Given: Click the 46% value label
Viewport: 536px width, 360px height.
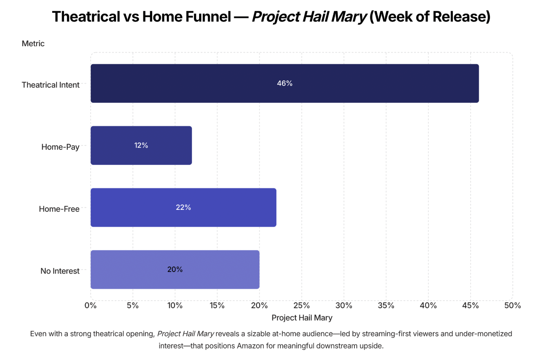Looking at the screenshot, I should point(285,83).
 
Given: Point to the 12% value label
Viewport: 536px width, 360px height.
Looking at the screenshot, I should point(141,145).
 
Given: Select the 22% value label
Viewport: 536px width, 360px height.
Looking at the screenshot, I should point(183,207).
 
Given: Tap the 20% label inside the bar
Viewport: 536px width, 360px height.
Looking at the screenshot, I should point(175,270).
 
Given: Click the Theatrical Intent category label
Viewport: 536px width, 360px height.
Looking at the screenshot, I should point(51,85).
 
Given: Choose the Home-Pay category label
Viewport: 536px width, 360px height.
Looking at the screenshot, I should point(60,147).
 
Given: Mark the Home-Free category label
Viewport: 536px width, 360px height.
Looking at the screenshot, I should point(59,209).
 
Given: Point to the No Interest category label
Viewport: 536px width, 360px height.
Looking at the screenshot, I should point(60,271).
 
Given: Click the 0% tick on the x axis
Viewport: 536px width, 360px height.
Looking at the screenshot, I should point(91,305).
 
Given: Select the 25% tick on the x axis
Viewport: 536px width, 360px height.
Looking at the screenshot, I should point(301,305).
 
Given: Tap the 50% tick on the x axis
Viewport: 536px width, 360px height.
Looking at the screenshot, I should point(512,305).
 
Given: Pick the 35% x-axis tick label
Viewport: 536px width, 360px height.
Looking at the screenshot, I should point(386,305).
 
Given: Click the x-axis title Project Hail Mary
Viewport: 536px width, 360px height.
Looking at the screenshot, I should point(302,318).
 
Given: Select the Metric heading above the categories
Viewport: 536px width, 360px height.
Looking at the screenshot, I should point(33,43).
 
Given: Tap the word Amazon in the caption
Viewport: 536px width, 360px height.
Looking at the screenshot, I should point(250,346).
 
